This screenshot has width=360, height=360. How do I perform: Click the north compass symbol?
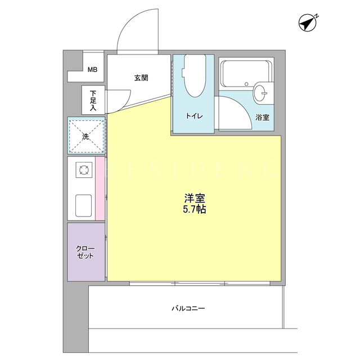click(308, 23)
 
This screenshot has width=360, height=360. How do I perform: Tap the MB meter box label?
click(92, 69)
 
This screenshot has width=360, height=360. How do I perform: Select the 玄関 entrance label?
click(141, 78)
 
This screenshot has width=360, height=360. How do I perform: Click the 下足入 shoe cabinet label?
click(93, 101)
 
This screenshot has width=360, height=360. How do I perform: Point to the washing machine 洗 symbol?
click(86, 136)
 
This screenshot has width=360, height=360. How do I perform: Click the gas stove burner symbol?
click(84, 170)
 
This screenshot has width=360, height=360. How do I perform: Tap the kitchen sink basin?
click(84, 205)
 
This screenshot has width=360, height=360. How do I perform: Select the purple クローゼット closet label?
click(85, 253)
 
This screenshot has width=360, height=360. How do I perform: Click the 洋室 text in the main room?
click(195, 198)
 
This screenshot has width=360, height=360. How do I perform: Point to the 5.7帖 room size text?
click(195, 209)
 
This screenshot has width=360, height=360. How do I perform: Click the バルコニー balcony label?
click(188, 308)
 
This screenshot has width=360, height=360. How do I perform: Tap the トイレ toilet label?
click(194, 116)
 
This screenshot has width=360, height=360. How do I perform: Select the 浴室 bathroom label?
click(263, 118)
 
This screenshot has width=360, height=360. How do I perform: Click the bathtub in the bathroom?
click(245, 73)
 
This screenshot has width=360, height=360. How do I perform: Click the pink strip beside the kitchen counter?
click(100, 188)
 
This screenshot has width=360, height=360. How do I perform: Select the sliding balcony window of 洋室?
click(200, 283)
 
